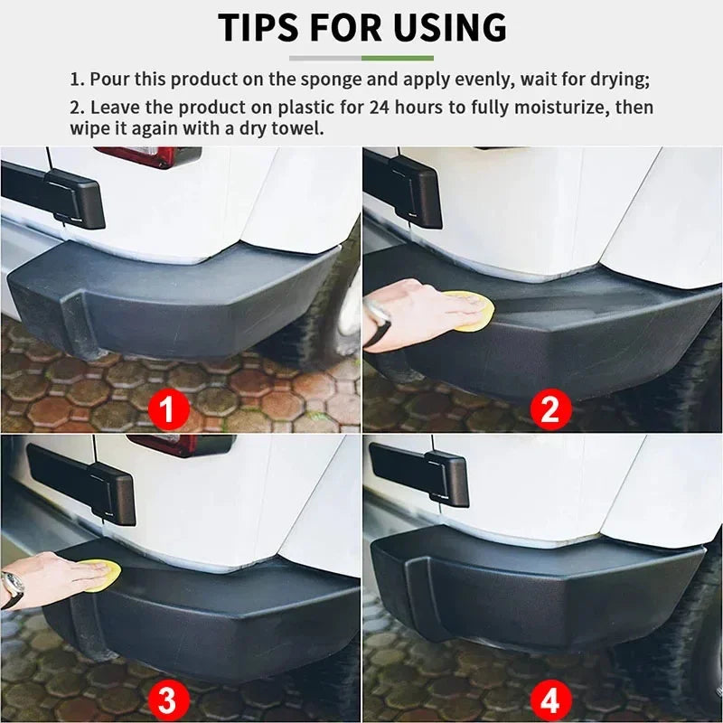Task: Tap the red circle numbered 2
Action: [550, 410]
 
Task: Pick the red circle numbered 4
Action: [550, 700]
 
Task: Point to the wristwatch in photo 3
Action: [12, 587]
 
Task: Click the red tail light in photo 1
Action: [149, 155]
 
